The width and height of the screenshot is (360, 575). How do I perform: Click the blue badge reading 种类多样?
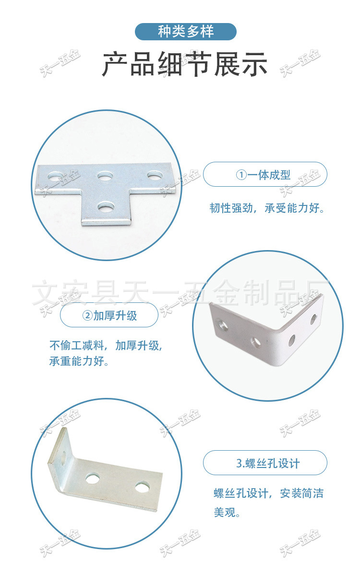pos(186,32)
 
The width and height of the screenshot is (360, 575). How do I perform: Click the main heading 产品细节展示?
pos(185,65)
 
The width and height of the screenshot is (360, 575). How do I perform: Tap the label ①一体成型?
pos(265,175)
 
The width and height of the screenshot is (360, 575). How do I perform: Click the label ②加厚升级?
pos(109,315)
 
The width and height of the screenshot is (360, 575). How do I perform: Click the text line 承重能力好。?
pos(79,361)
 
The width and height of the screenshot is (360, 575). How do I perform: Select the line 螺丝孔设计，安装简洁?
pos(268,493)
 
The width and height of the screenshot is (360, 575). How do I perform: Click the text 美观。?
pos(227,512)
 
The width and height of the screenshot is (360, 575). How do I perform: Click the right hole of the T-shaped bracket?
pos(154,175)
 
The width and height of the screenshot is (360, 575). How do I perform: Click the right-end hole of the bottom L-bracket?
pos(142,488)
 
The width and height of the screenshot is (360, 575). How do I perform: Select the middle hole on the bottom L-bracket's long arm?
pos(93,478)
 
